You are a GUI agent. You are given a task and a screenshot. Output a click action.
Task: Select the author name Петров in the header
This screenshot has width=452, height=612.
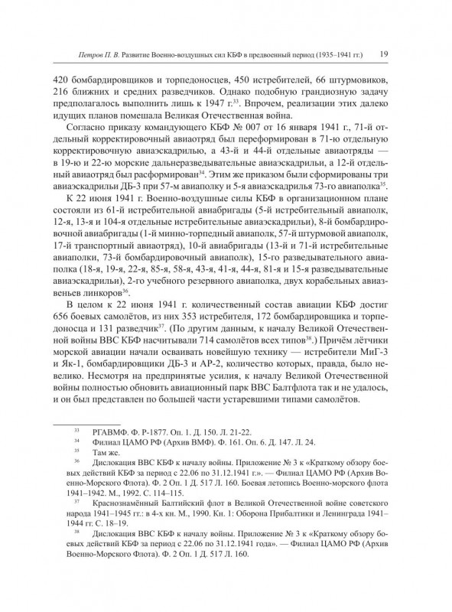[x=81, y=55]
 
